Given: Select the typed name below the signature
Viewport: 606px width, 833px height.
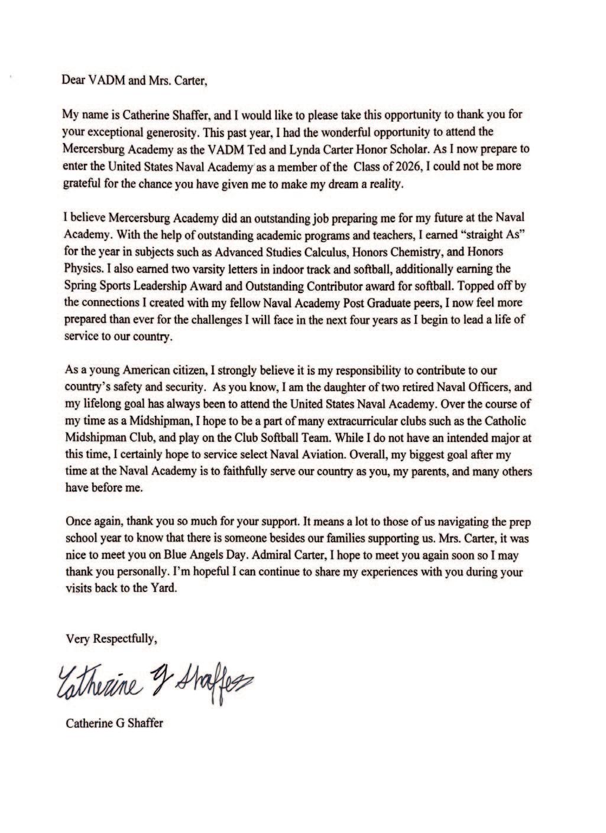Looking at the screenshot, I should click(x=114, y=723).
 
